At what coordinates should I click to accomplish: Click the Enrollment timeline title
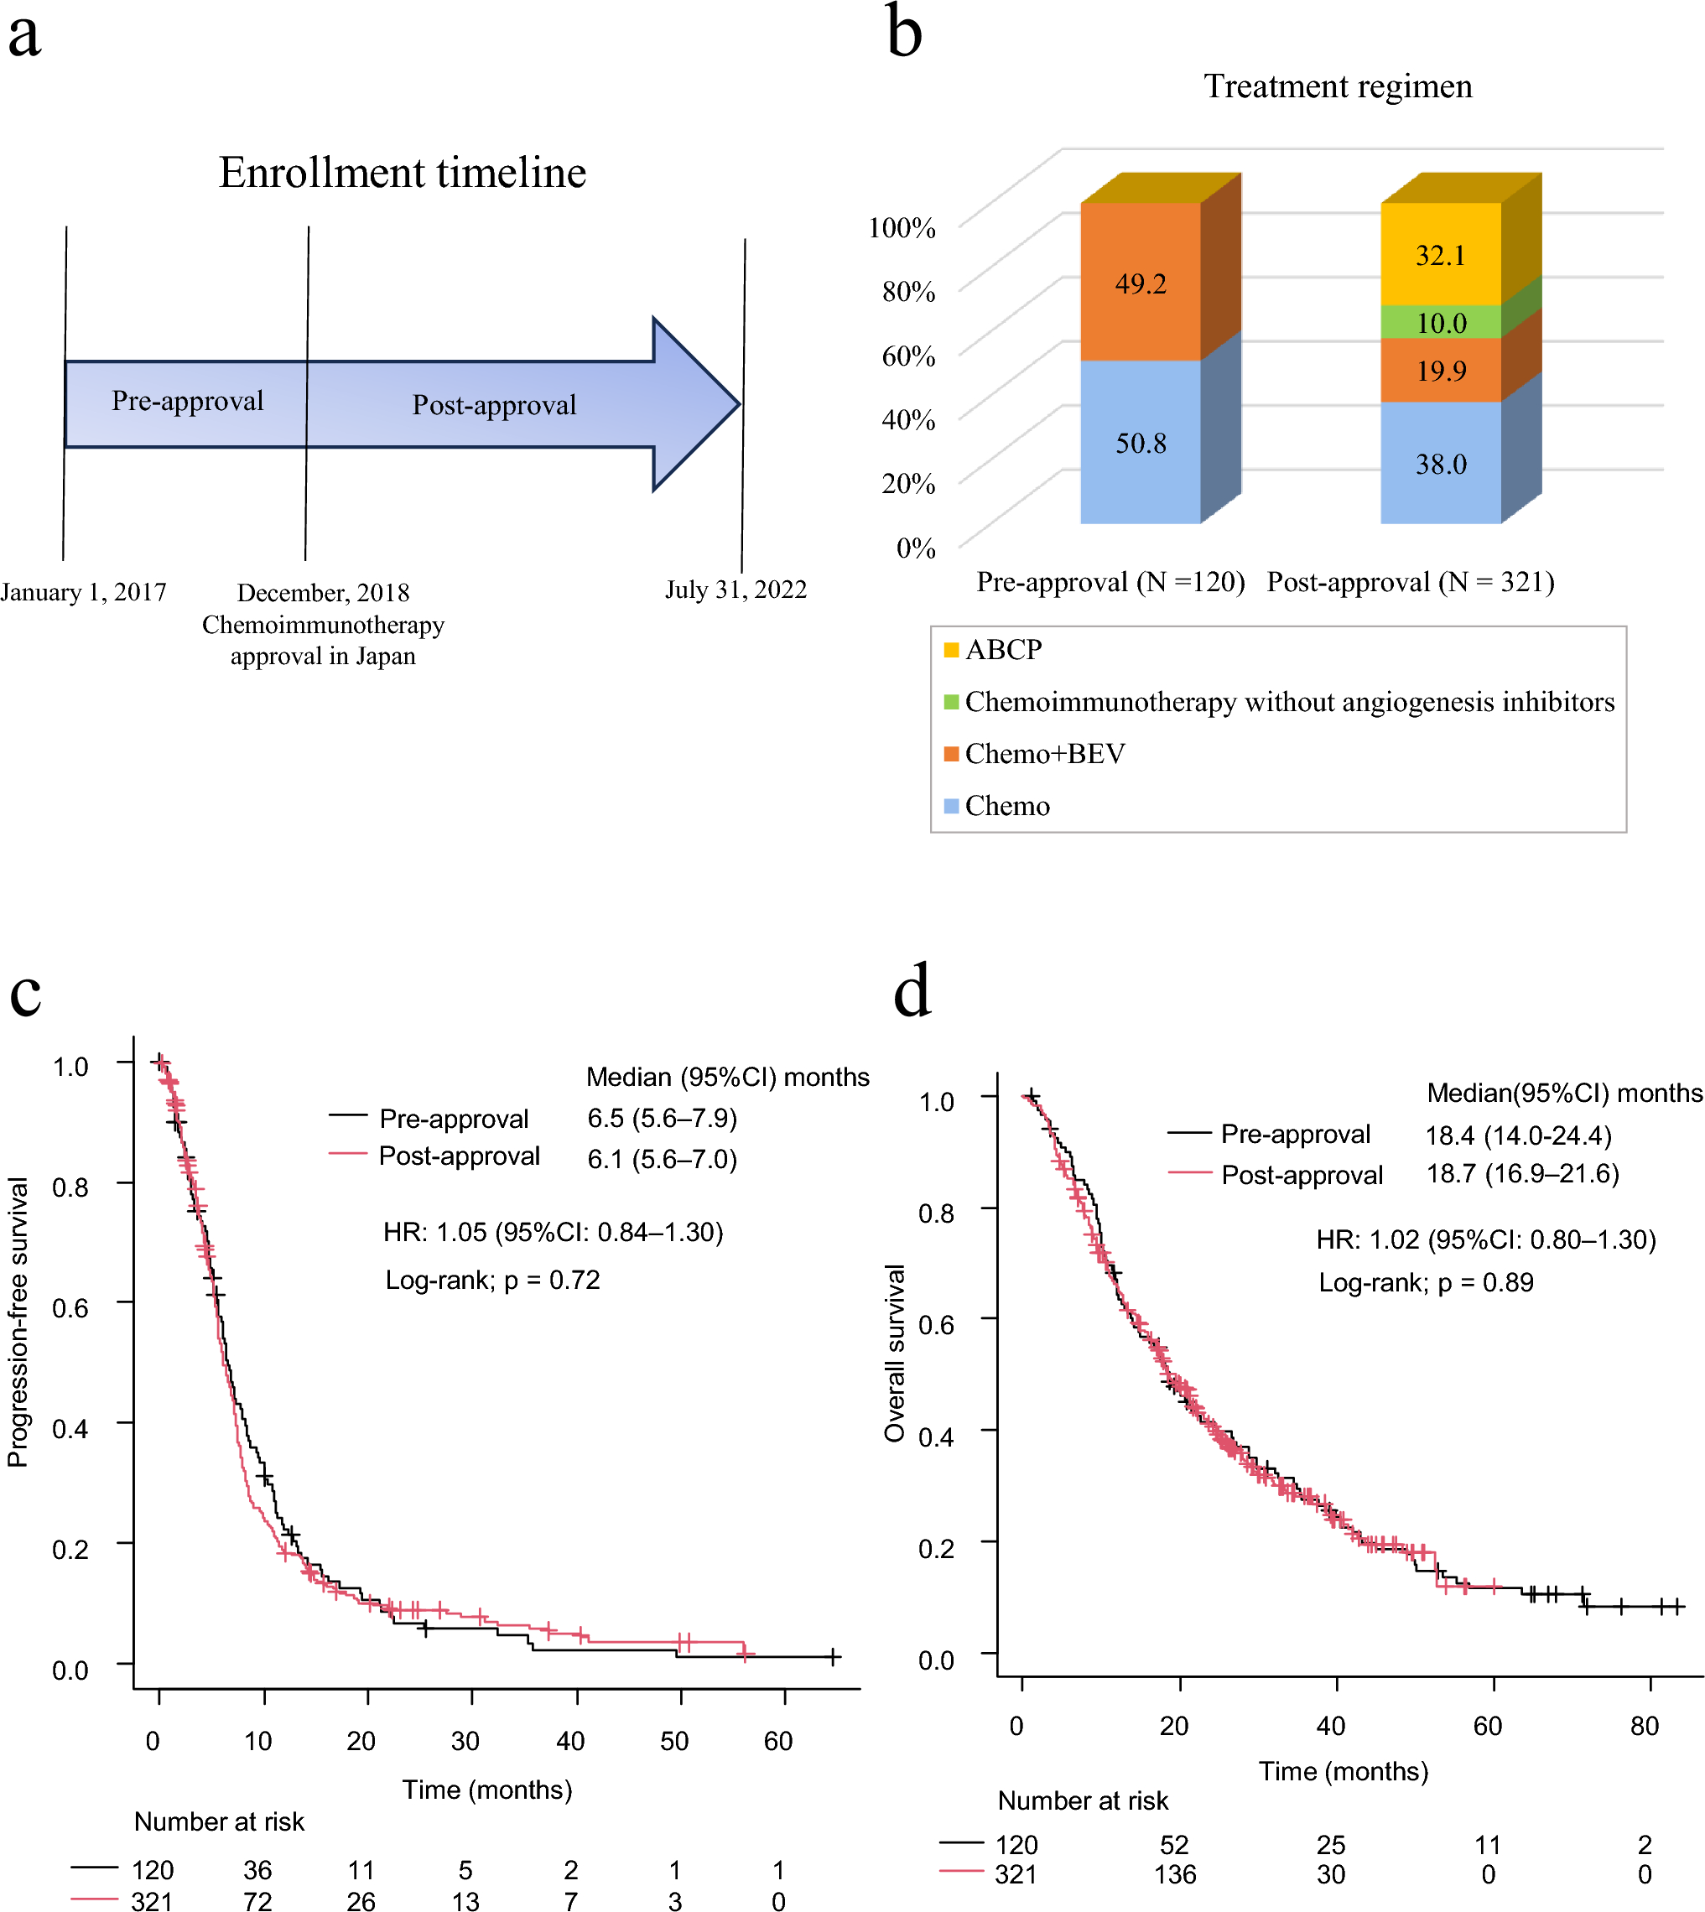point(402,174)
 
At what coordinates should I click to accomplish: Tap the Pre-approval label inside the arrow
point(187,401)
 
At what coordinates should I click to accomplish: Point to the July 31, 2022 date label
point(736,590)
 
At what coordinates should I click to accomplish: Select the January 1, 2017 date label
point(83,592)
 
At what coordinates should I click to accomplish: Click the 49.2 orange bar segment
point(1140,283)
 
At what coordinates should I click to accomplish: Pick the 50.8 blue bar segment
point(1140,442)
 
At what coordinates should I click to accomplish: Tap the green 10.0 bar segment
point(1441,323)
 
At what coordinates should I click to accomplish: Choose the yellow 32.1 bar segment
point(1441,255)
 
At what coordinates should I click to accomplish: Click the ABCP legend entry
point(1002,649)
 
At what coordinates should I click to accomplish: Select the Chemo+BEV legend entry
point(1043,753)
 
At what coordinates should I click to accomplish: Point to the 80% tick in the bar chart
point(907,291)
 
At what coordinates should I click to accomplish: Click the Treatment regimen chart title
point(1337,86)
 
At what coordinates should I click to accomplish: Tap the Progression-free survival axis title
point(18,1322)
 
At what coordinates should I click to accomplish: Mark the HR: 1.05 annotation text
point(553,1232)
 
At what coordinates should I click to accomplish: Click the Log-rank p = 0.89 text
point(1426,1282)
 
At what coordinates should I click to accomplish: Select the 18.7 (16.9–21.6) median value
point(1522,1174)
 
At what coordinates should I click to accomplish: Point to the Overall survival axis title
point(895,1353)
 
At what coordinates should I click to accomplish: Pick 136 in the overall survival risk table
point(1175,1874)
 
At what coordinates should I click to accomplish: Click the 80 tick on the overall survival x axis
point(1644,1726)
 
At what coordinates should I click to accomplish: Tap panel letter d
point(912,990)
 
